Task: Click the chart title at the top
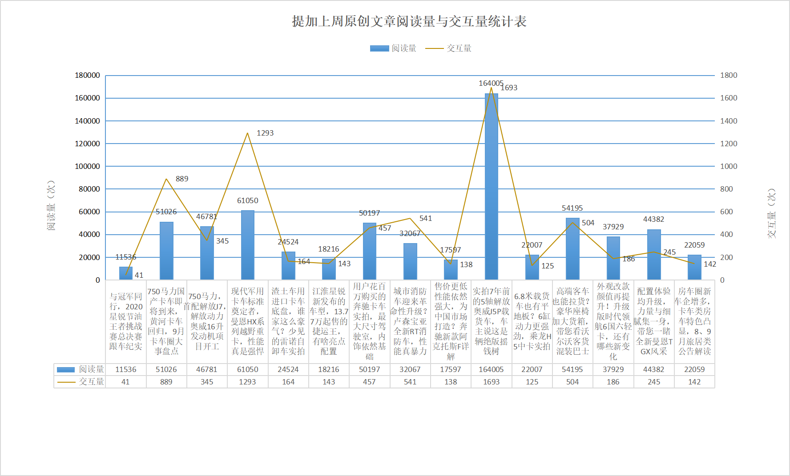409,21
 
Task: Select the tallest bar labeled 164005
491,187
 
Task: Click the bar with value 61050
247,244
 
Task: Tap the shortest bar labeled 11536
125,273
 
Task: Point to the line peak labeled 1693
491,88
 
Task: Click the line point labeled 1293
247,133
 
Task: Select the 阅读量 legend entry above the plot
393,48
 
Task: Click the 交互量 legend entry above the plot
448,48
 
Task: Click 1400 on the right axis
729,121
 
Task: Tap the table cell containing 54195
572,369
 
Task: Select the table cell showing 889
166,382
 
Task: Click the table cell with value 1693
491,382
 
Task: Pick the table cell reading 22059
694,369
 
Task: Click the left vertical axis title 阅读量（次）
51,205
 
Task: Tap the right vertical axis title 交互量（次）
771,213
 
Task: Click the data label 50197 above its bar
369,213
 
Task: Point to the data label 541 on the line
425,218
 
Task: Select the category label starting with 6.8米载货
532,321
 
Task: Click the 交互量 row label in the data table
91,382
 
